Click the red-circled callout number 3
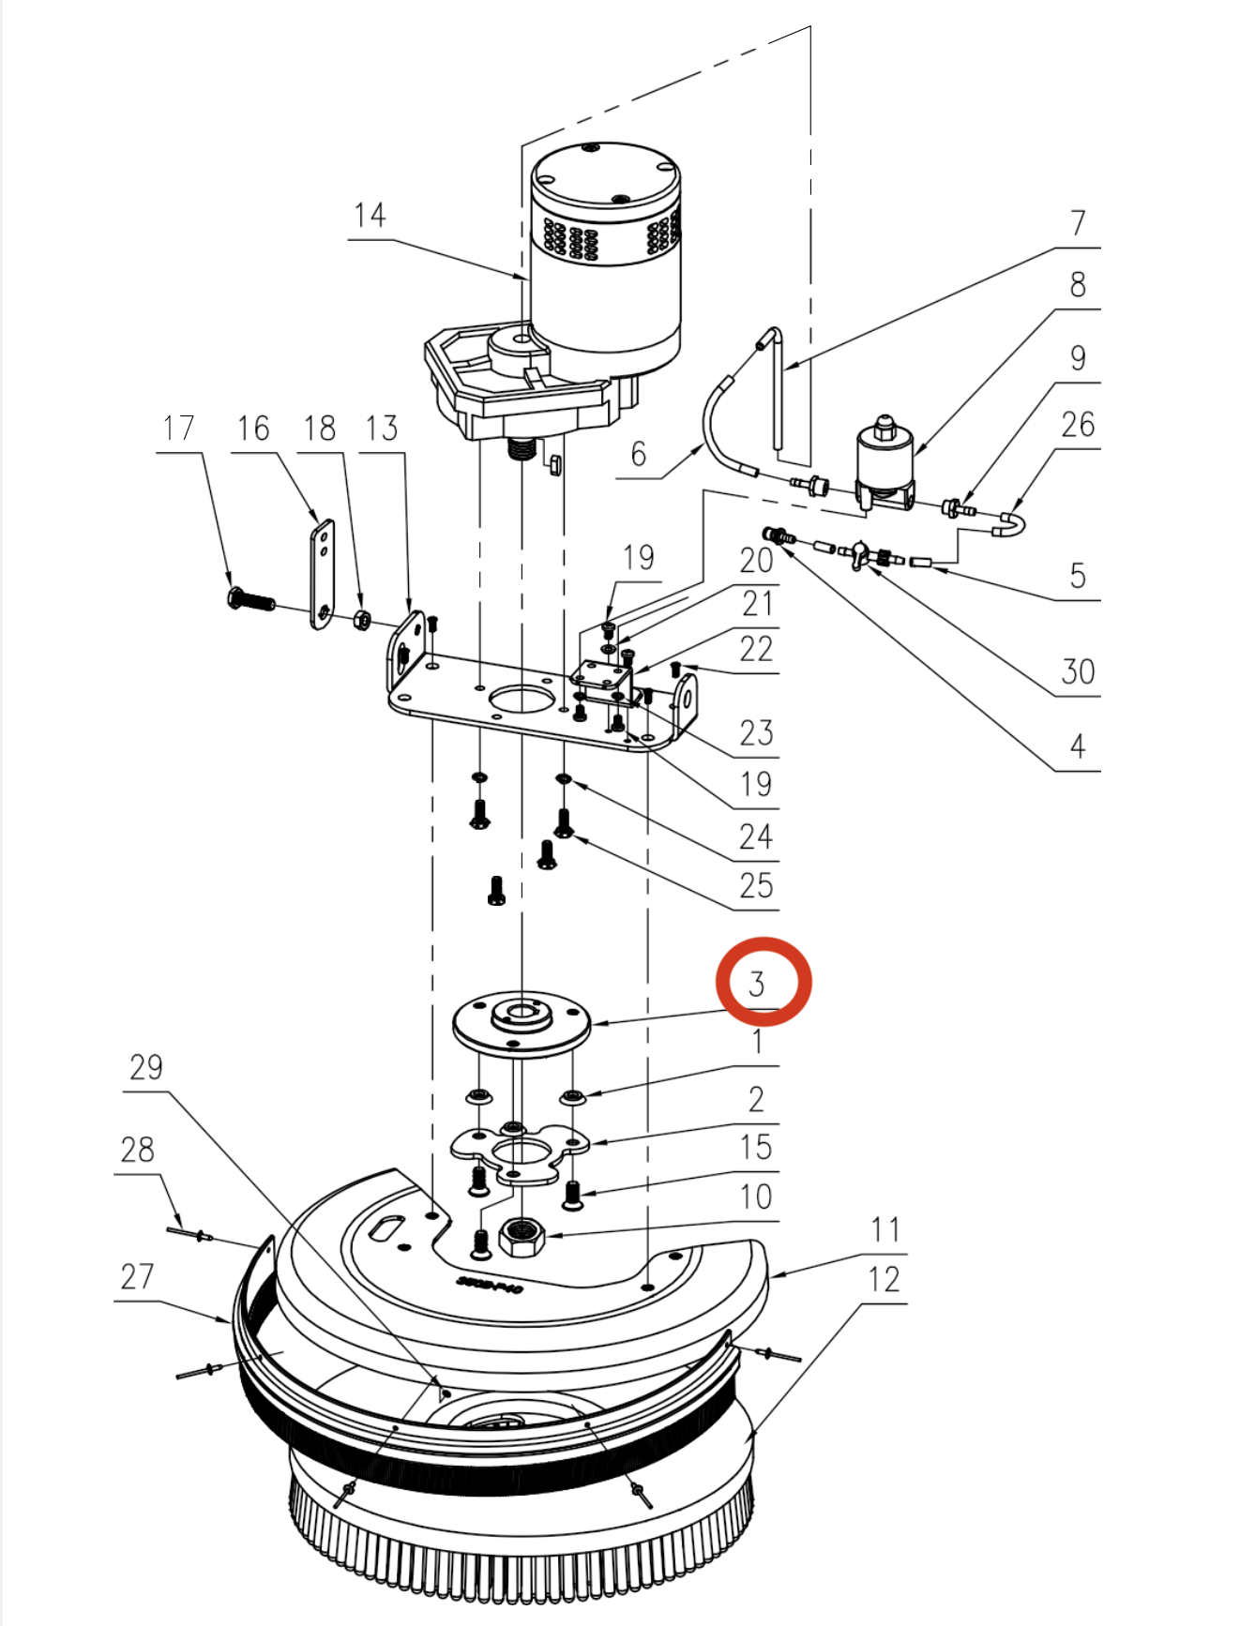757,984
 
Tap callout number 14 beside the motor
370,216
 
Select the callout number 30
1078,671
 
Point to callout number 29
146,1067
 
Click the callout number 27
137,1276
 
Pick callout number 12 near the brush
884,1279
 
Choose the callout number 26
1078,425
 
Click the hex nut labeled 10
522,1237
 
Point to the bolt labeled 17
251,598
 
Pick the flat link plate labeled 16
322,575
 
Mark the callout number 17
178,429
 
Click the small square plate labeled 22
603,677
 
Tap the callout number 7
1079,223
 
